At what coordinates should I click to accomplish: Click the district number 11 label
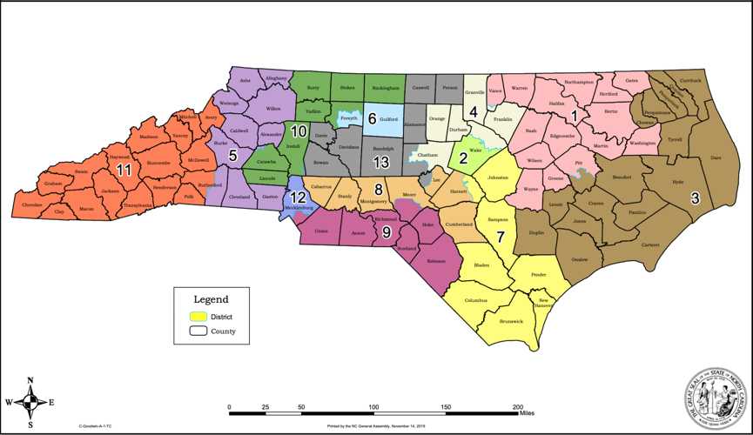[x=124, y=171]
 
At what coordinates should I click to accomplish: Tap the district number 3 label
[x=695, y=198]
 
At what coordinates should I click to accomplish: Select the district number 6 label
[x=372, y=118]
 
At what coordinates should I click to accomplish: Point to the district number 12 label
[x=297, y=197]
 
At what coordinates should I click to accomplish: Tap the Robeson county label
[x=436, y=261]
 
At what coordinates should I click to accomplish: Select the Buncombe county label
[x=158, y=163]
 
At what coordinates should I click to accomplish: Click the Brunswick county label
[x=511, y=321]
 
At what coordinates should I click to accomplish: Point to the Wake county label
[x=475, y=150]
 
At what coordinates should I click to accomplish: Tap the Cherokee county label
[x=30, y=205]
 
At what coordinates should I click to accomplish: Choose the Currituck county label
[x=689, y=81]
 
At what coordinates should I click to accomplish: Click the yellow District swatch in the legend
[x=198, y=317]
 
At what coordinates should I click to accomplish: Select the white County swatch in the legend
[x=198, y=331]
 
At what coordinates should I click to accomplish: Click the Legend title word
[x=211, y=299]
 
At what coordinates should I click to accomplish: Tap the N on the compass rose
[x=30, y=380]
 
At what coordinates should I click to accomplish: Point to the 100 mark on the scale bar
[x=373, y=407]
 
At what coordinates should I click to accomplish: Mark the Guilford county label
[x=389, y=119]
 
